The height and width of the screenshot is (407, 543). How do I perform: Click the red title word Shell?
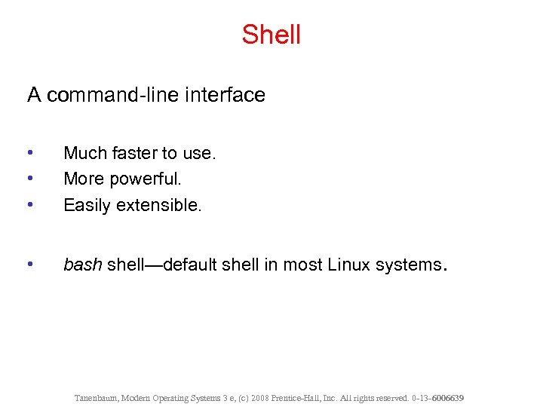point(271,35)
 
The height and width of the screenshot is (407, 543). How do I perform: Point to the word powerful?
point(146,179)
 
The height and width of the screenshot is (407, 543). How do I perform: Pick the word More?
point(82,179)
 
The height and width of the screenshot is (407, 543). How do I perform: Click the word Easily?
point(87,205)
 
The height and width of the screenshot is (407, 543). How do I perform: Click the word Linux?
point(351,265)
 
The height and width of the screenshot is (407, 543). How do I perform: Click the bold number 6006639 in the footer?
point(448,397)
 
